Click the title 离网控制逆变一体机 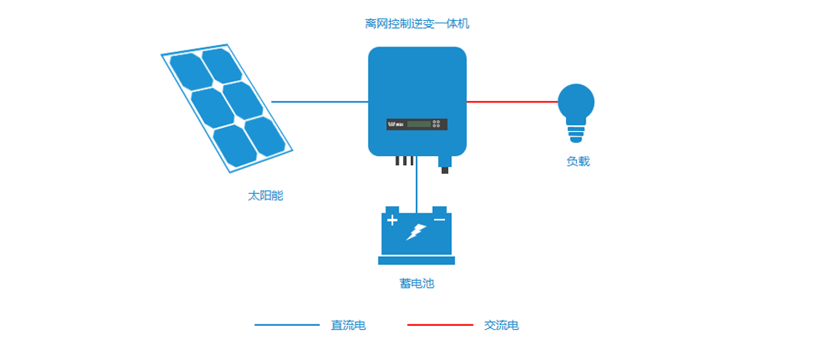416,24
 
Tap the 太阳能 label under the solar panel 265,196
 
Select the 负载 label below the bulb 578,161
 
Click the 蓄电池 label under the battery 416,283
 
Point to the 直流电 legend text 348,325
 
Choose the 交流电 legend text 501,325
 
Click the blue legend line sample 287,325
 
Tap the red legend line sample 440,325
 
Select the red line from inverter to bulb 512,102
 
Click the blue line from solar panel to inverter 320,102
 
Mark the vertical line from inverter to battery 416,186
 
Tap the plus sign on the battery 392,221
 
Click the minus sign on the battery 440,220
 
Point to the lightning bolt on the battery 416,231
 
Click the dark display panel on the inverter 416,124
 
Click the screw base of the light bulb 576,134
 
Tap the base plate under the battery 416,261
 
